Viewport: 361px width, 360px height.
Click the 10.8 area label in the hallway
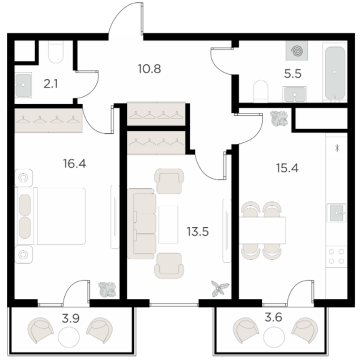150,69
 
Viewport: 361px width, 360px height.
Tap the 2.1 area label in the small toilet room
50,84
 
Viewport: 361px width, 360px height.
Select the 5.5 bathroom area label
293,74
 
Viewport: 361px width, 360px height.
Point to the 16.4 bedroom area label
75,163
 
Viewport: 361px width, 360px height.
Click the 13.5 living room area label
198,231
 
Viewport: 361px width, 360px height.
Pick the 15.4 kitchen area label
287,168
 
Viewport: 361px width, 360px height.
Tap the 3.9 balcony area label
71,319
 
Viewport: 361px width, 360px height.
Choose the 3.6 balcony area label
274,317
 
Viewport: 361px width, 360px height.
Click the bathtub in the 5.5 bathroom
335,72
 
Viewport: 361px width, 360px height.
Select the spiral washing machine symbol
297,50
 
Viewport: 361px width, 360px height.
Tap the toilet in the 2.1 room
56,52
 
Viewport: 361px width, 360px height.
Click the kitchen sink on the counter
337,213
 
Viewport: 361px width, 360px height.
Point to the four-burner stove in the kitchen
337,256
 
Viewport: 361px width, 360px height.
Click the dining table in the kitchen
262,230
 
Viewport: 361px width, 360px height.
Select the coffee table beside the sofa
168,225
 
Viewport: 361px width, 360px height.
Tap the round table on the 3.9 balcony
69,337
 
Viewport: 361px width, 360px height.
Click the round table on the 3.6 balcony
274,337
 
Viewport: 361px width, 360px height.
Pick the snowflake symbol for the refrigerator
337,148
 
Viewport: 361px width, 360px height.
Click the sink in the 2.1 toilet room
23,85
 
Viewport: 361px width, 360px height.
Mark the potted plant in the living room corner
220,288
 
